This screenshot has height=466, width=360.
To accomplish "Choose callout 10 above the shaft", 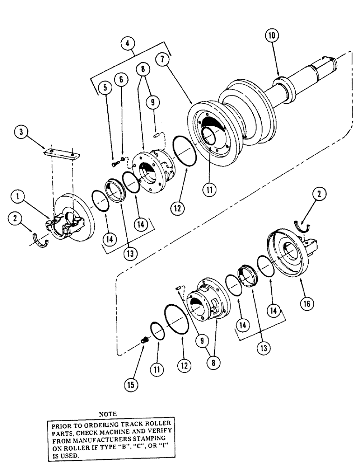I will point(271,34).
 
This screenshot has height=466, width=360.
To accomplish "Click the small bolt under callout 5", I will point(113,163).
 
